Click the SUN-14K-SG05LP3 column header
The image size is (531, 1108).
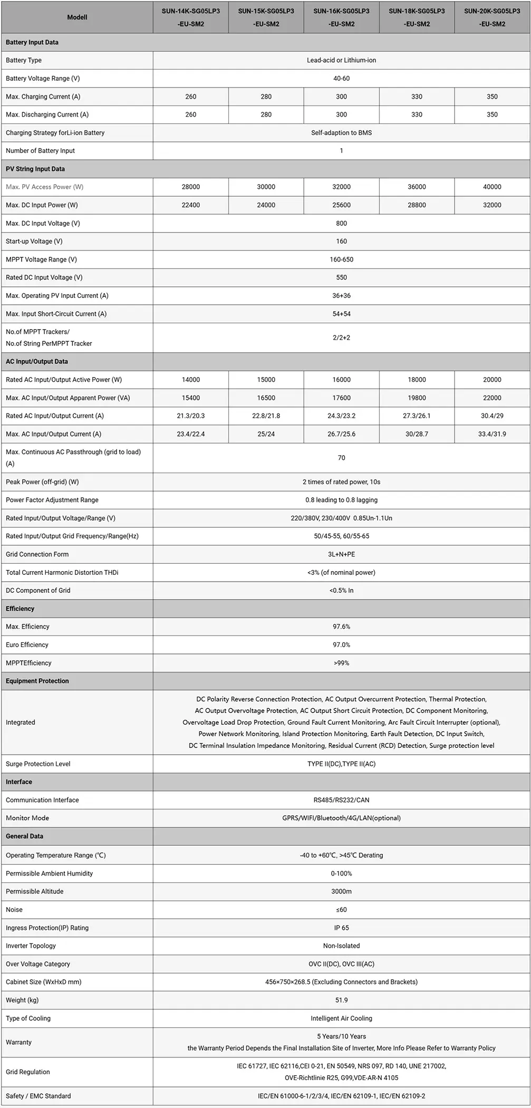190,17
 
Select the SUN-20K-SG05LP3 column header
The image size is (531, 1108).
492,17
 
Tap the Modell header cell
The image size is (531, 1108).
77,17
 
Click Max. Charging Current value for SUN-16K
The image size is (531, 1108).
341,97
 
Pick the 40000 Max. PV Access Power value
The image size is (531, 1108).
492,187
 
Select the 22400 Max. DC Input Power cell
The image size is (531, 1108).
190,205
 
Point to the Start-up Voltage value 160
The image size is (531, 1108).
341,241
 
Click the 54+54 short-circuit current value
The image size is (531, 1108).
341,314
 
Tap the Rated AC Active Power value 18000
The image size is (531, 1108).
417,380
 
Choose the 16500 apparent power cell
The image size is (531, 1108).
266,398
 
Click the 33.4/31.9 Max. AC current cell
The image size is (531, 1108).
492,434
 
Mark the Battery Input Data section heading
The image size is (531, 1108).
32,42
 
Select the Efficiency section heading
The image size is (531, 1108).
20,609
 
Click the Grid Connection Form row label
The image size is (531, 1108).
37,554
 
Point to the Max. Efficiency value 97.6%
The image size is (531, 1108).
341,627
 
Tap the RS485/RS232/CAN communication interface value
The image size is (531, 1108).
341,800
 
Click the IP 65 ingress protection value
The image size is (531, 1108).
341,928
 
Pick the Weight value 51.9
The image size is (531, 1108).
341,1000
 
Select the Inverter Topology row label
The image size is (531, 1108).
31,946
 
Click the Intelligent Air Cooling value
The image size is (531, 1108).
341,1018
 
